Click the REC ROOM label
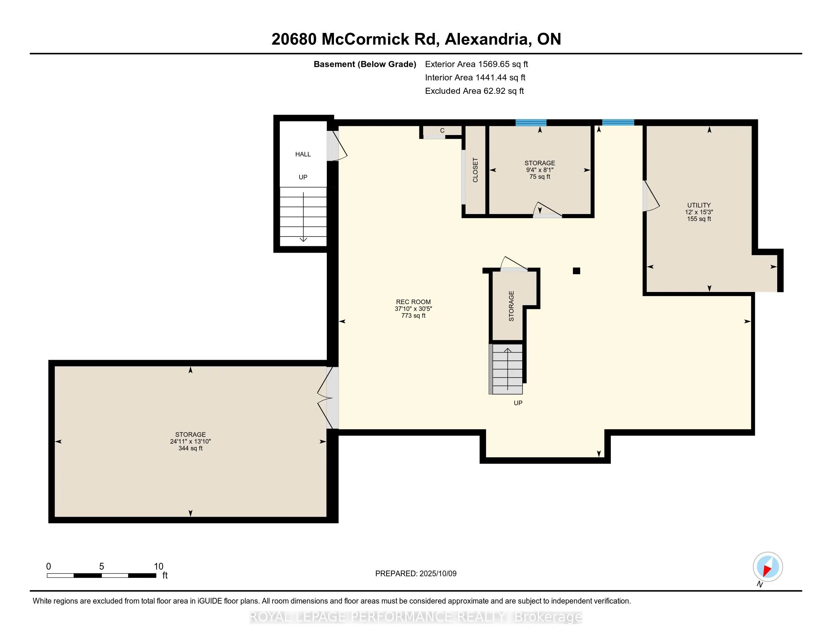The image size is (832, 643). (x=413, y=302)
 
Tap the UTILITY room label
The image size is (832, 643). (x=699, y=205)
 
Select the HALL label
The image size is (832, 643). (x=303, y=154)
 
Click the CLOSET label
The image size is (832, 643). (x=475, y=170)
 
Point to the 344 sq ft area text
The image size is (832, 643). (x=191, y=448)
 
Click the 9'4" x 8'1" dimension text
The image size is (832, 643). (x=539, y=170)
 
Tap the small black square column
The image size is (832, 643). (x=576, y=271)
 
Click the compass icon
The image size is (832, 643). (x=768, y=567)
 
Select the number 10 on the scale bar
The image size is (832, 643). (x=158, y=567)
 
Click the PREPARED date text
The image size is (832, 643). (x=416, y=574)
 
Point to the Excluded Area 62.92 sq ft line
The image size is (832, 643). (x=474, y=91)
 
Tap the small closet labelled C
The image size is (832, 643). (x=442, y=130)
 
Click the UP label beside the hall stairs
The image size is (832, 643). (x=303, y=177)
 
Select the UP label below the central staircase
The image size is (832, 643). (x=518, y=403)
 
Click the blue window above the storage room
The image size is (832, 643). (x=531, y=123)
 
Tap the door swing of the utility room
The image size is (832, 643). (x=652, y=196)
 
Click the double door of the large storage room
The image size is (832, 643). (x=328, y=398)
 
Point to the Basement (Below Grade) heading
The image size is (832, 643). (x=365, y=64)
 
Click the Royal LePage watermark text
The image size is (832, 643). (x=416, y=617)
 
